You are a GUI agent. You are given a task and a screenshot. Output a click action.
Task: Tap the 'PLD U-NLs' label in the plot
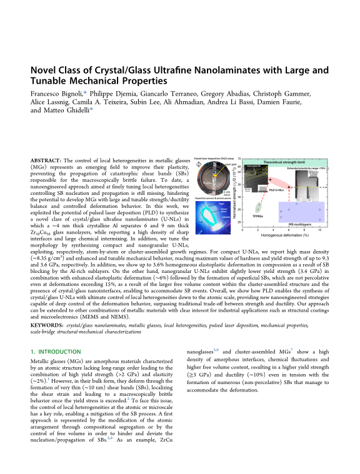click(277, 187)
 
